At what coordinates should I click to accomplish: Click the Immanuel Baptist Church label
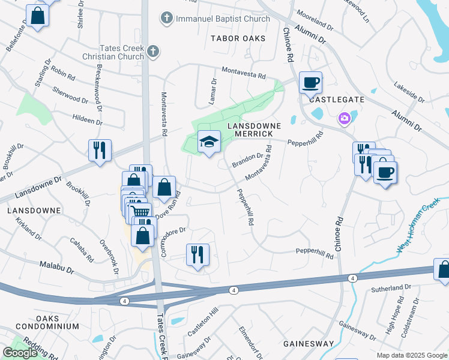[x=222, y=19]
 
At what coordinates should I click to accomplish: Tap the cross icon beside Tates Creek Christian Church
[x=153, y=51]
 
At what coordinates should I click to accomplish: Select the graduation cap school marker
[x=209, y=142]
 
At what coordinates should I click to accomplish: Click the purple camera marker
[x=345, y=119]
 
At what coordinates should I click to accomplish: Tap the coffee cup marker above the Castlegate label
[x=310, y=82]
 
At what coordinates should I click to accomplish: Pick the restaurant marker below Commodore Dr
[x=197, y=254]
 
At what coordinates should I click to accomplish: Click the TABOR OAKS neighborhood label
[x=238, y=38]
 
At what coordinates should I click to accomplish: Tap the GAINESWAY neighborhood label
[x=309, y=344]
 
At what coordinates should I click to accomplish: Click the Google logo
[x=20, y=353]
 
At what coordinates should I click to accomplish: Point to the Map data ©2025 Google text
[x=411, y=355]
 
